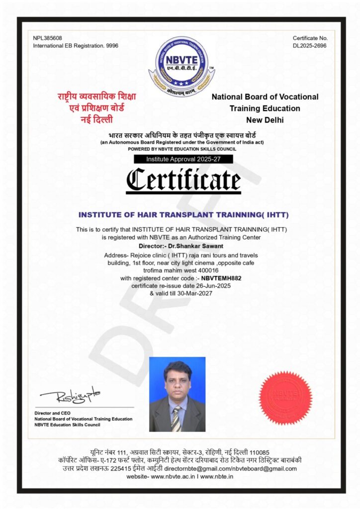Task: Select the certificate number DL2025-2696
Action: pos(309,46)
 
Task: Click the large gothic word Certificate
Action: pos(183,180)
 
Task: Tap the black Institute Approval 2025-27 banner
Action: pos(183,159)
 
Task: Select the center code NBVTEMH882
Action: pos(221,278)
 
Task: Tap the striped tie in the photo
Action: pos(176,419)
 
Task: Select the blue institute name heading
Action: pos(183,215)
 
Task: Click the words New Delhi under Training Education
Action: pos(265,120)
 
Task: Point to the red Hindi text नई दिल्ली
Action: pos(96,119)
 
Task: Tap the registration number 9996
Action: pos(112,46)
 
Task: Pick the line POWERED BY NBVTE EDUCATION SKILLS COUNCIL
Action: pos(182,149)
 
